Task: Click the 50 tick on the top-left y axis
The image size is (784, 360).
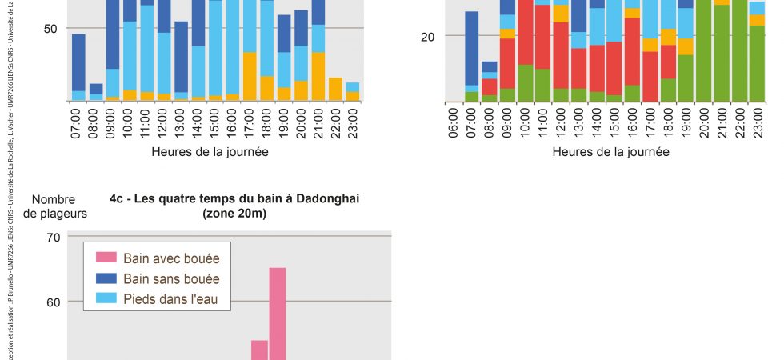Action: (50, 29)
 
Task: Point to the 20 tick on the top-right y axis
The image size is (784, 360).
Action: (427, 36)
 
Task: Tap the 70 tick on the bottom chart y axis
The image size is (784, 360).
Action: (54, 237)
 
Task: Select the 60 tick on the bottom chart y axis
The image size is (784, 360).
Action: (54, 302)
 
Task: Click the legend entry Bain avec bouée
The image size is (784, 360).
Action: (170, 258)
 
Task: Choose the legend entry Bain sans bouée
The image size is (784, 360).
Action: (170, 278)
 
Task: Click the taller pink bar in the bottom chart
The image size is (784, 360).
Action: (278, 314)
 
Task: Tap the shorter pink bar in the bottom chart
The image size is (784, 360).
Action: (259, 350)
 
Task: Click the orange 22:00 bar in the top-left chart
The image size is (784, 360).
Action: (335, 89)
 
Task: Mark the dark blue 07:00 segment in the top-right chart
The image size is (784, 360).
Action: (472, 48)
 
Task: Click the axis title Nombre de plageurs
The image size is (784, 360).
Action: (54, 206)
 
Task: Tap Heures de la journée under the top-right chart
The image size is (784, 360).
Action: (610, 151)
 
